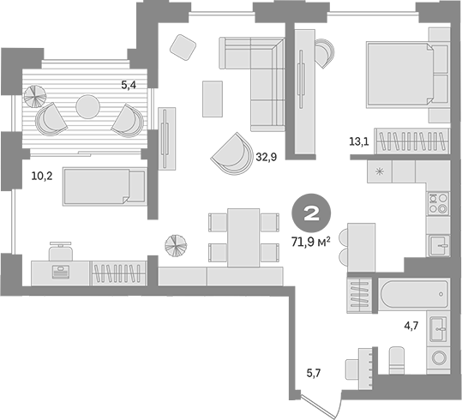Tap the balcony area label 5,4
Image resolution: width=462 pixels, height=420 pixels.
click(x=129, y=85)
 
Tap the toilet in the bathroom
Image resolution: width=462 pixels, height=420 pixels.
click(x=397, y=359)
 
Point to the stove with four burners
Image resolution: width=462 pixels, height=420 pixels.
click(x=438, y=204)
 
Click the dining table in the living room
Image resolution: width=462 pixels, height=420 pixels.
click(x=243, y=236)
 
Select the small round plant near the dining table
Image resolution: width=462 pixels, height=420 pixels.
click(x=176, y=244)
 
